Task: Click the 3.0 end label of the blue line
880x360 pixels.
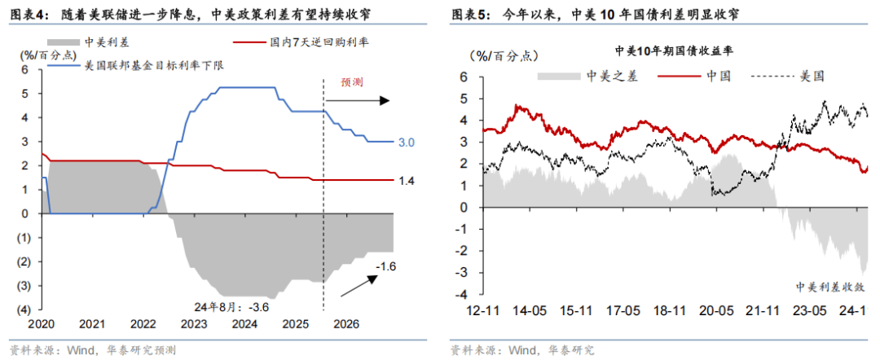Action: [407, 143]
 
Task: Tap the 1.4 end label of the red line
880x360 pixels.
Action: [407, 180]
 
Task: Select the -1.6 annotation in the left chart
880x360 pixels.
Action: [385, 266]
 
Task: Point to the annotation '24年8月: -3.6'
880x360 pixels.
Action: [232, 307]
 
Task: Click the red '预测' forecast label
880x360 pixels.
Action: [351, 81]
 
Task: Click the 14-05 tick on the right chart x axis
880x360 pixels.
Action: [529, 331]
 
